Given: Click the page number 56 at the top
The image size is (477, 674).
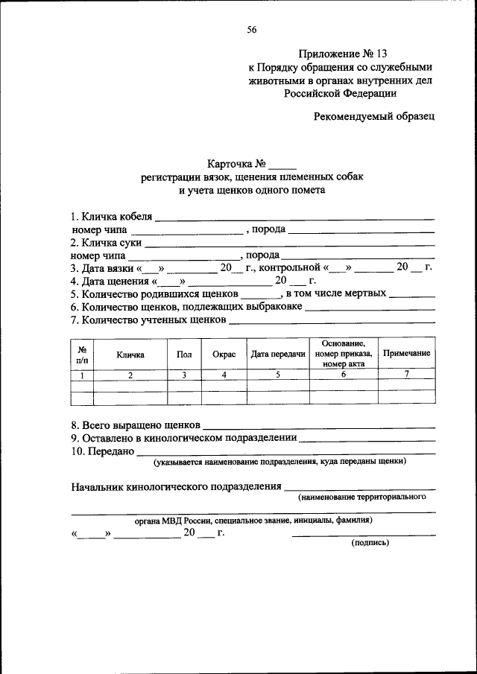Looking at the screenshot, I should point(252,30).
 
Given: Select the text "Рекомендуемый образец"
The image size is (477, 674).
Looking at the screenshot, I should point(373,117).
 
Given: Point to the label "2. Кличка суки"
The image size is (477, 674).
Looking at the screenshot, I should point(106,243).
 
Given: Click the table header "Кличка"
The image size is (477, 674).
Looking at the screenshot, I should point(130,355).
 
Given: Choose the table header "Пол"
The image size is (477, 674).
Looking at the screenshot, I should point(184,355).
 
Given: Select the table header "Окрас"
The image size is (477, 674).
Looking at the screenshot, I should point(224,355).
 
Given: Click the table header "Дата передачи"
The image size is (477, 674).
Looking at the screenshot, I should point(278,355).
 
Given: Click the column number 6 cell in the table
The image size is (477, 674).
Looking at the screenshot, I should point(344,375).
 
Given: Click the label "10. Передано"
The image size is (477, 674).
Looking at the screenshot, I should point(102,451).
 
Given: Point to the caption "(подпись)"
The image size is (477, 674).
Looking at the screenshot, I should point(370,543).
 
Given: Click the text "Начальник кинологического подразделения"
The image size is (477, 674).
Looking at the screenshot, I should point(176,487).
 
